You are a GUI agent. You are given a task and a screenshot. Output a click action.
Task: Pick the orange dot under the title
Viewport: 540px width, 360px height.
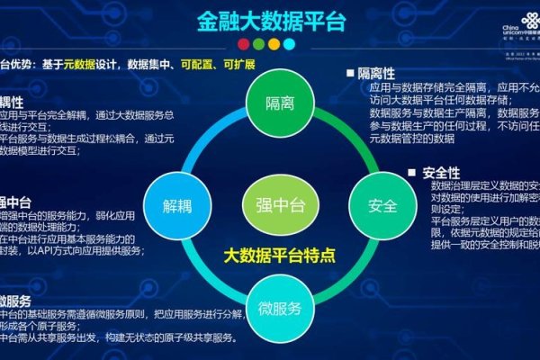click(273, 42)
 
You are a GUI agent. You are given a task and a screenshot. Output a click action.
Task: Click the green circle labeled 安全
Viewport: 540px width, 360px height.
click(382, 205)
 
